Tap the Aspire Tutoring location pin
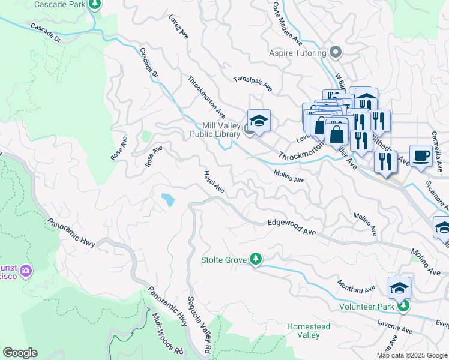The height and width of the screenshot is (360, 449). (336, 53)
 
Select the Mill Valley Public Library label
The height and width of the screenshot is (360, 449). (215, 130)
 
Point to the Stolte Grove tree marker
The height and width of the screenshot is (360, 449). (256, 259)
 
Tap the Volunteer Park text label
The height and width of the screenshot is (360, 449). (366, 307)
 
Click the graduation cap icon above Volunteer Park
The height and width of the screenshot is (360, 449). (399, 288)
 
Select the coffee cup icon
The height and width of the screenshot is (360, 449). (421, 155)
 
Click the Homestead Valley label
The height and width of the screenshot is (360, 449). (308, 331)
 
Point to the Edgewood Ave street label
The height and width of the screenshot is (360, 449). (292, 227)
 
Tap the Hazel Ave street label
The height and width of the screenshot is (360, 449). (214, 182)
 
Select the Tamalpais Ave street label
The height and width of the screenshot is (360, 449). (252, 83)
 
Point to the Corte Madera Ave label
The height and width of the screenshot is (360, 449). (287, 24)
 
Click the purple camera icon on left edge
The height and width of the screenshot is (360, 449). (25, 271)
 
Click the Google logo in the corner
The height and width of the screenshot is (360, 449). (20, 353)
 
